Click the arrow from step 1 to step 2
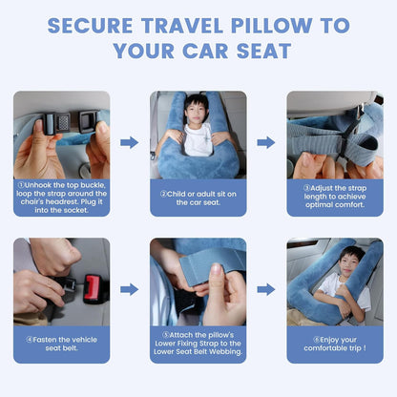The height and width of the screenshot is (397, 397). click(129, 142)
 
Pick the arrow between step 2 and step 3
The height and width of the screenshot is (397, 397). click(265, 142)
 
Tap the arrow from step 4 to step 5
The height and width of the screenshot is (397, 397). click(129, 288)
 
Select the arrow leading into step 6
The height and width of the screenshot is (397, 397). click(265, 288)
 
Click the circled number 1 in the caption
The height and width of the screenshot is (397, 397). click(20, 185)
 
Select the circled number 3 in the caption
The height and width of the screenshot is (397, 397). click(305, 188)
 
